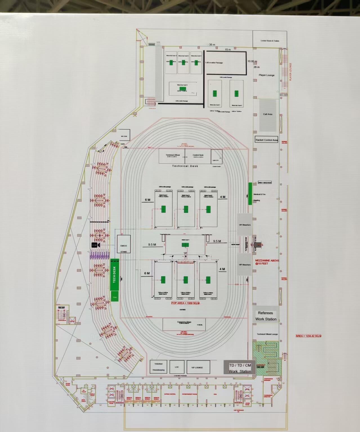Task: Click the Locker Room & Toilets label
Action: (x=270, y=41)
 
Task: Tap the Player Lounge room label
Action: (x=266, y=75)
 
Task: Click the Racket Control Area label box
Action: (x=266, y=140)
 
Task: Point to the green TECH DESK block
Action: (x=115, y=274)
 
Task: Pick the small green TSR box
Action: (x=115, y=297)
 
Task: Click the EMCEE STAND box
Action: (x=124, y=245)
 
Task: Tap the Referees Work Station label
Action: (x=266, y=316)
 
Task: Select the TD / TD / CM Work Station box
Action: (x=240, y=368)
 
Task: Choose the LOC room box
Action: (x=177, y=367)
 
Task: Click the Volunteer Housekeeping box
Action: (x=158, y=367)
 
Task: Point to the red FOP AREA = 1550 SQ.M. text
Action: (x=185, y=303)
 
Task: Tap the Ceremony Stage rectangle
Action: (x=184, y=324)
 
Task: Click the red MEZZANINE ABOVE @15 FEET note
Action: (x=267, y=262)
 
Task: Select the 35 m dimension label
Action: (x=212, y=45)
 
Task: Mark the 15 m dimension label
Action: (x=228, y=50)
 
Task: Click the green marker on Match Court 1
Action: (x=185, y=245)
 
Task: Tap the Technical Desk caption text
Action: (x=185, y=166)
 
